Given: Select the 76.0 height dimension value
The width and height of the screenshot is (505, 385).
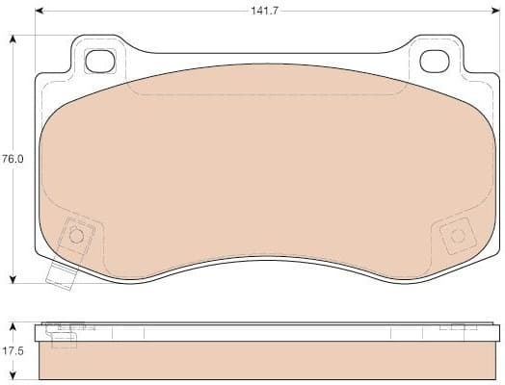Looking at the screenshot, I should pyautogui.click(x=12, y=160).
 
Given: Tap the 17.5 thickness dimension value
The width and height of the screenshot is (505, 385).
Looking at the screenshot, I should pyautogui.click(x=12, y=351).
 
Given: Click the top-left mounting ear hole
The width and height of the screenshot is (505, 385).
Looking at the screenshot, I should pyautogui.click(x=99, y=61).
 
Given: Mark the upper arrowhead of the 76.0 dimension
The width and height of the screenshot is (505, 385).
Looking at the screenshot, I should pyautogui.click(x=12, y=39).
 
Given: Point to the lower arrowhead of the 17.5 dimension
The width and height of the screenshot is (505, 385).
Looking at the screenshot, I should pyautogui.click(x=12, y=376).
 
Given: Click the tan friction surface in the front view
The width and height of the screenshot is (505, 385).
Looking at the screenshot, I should pyautogui.click(x=265, y=164).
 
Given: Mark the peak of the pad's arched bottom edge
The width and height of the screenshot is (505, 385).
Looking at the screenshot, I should pyautogui.click(x=267, y=258).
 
